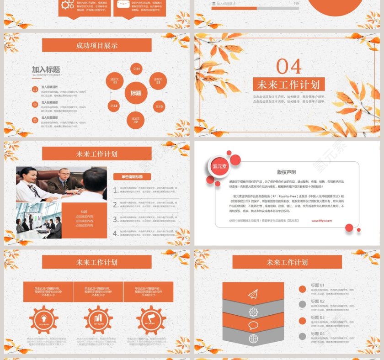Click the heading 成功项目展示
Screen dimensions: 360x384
[96, 45]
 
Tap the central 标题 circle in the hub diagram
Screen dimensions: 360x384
[136, 93]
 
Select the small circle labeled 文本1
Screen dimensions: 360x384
[136, 69]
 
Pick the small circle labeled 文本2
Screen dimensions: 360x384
[114, 106]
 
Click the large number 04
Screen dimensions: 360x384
[289, 67]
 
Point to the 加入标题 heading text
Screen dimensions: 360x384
[46, 69]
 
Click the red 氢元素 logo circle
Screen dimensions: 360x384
[219, 167]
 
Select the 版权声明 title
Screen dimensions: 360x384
[287, 172]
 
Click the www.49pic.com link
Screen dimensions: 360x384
[322, 220]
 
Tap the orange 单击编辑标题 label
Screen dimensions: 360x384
[132, 177]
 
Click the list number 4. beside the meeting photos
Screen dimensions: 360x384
[116, 233]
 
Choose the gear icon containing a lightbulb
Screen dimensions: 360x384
[43, 320]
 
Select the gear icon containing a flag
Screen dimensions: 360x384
[150, 320]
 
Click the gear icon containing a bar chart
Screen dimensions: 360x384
[98, 320]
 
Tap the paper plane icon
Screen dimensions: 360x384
[253, 295]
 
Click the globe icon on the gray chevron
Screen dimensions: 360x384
[253, 339]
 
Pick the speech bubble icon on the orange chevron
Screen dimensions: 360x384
[253, 325]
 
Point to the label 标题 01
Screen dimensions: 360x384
[318, 285]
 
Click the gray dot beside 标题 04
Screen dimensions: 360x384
[302, 336]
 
